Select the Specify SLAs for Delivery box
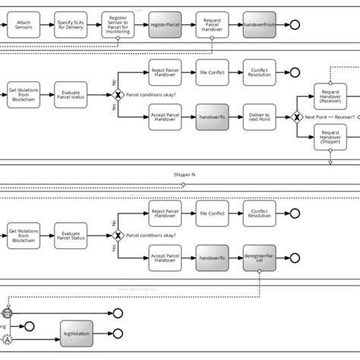coord(70,25)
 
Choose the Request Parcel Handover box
coord(213,25)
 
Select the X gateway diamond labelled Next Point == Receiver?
coord(296,118)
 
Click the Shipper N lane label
coord(185,175)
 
